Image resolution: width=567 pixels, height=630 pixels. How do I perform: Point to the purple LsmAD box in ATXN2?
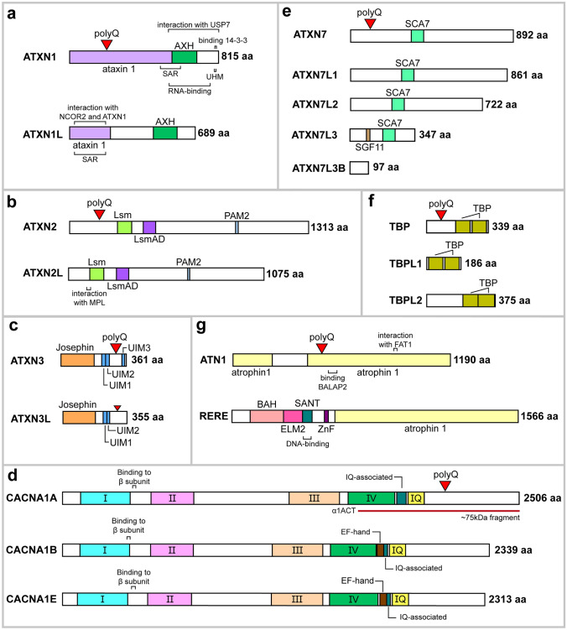click(149, 227)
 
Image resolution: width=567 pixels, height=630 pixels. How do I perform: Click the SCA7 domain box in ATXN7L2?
click(398, 105)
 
